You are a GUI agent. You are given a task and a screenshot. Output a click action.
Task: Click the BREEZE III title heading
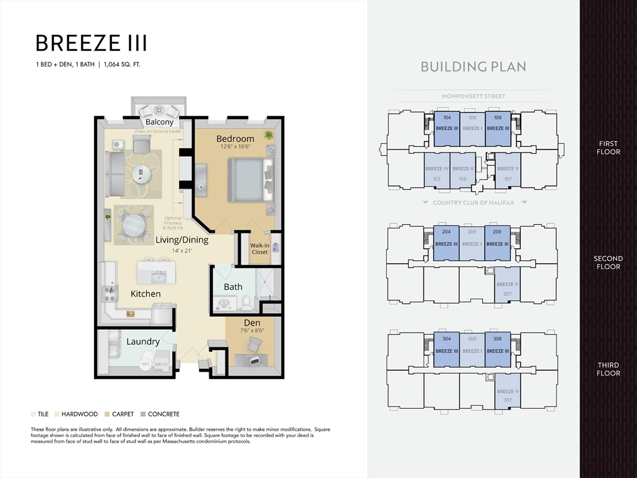[x=91, y=43]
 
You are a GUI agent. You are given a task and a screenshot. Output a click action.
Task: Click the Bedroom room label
[x=235, y=138]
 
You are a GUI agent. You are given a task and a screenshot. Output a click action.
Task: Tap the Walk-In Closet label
[x=259, y=248]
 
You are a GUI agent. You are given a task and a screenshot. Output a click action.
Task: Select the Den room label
[x=252, y=322]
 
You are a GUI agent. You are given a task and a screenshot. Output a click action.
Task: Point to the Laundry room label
[x=143, y=341]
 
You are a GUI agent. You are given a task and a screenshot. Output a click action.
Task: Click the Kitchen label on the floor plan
[x=146, y=293]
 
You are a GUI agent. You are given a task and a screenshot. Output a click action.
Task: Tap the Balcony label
[x=159, y=122]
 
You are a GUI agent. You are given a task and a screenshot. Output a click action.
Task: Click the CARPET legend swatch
[x=108, y=414]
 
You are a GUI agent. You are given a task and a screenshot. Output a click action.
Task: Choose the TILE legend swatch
[x=33, y=414]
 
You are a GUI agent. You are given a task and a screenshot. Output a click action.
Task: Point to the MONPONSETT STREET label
[x=473, y=96]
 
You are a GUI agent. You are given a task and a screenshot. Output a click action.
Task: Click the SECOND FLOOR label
[x=608, y=262]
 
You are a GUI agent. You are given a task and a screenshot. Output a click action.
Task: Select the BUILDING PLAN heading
[x=473, y=67]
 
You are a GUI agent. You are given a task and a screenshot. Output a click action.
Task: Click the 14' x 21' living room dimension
[x=182, y=251]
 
